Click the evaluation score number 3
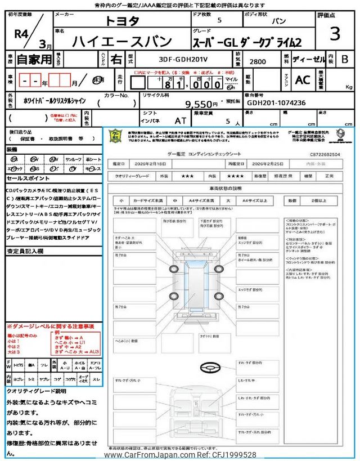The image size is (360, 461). pos(335,34)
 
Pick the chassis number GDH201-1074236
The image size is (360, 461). pos(276,103)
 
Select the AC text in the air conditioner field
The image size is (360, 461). pos(302,80)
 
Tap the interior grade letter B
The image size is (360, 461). pos(345,59)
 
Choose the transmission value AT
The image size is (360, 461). pos(181,120)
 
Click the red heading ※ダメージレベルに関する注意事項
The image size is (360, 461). pos(50,326)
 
